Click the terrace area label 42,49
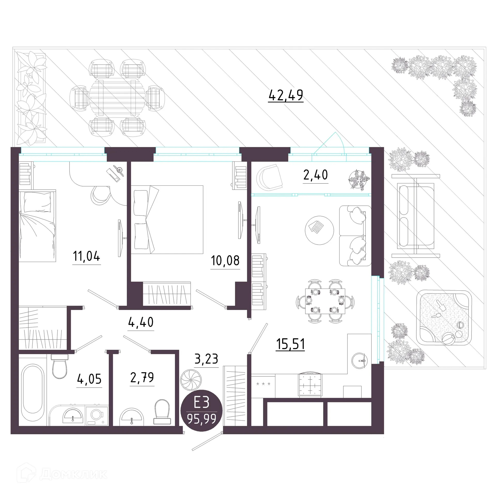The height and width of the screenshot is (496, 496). (285, 95)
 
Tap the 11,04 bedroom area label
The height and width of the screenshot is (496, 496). (86, 257)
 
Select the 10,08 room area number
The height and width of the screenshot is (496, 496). (225, 261)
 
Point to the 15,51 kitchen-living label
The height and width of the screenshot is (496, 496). (290, 344)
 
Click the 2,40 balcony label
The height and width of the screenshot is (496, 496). (315, 175)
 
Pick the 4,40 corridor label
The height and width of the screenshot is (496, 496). (141, 322)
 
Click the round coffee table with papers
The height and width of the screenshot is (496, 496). (319, 230)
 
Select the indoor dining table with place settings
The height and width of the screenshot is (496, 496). (325, 301)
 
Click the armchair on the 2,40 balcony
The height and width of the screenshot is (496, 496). (269, 177)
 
